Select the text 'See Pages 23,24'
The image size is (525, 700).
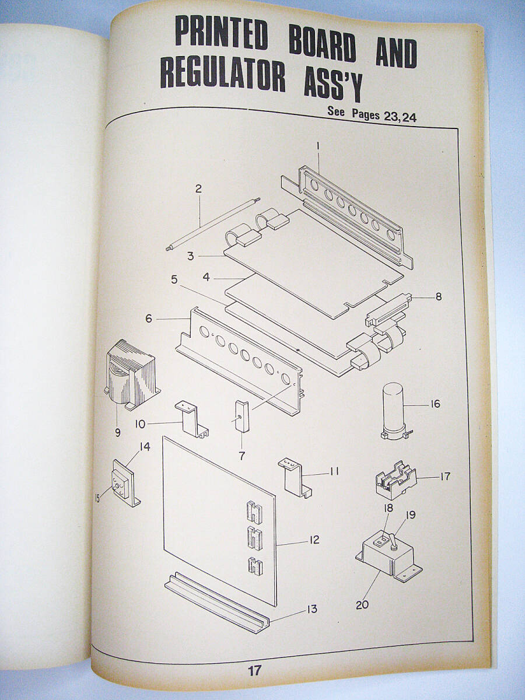372,115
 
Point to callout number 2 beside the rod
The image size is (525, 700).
198,188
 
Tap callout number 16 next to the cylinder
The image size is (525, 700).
434,404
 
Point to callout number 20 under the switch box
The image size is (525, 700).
362,605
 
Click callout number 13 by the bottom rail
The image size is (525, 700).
311,609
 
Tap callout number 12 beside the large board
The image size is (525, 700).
314,540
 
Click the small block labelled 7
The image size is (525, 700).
242,416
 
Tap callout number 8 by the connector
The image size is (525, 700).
439,296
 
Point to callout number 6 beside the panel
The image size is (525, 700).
149,318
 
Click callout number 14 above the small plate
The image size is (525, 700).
145,447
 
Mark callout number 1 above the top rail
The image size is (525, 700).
318,146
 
